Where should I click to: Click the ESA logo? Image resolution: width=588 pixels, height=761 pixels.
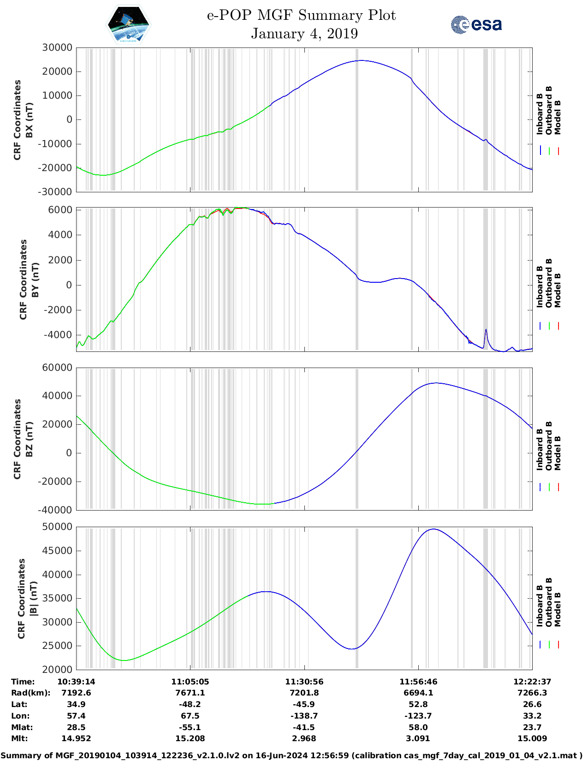[476, 24]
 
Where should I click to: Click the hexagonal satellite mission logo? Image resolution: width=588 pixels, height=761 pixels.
[128, 25]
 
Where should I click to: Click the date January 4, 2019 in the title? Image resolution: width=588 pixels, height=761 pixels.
[304, 34]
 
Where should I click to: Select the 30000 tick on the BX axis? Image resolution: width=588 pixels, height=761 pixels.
[57, 48]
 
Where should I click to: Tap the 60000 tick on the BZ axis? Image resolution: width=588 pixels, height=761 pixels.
[57, 368]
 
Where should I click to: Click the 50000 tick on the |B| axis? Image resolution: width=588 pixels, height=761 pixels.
[57, 527]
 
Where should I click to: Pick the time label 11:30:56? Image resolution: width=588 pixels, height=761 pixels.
[304, 682]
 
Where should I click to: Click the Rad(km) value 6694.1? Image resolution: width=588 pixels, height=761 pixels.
[418, 693]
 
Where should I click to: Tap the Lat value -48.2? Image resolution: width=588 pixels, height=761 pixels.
[190, 704]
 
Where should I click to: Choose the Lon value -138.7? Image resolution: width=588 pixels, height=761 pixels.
[304, 716]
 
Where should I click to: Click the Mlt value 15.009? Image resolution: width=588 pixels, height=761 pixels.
[532, 738]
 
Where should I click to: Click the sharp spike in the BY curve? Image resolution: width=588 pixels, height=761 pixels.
[486, 330]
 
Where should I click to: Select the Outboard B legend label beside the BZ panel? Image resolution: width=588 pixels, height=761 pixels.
[549, 446]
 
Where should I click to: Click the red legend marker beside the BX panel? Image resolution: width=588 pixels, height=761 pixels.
[558, 151]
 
